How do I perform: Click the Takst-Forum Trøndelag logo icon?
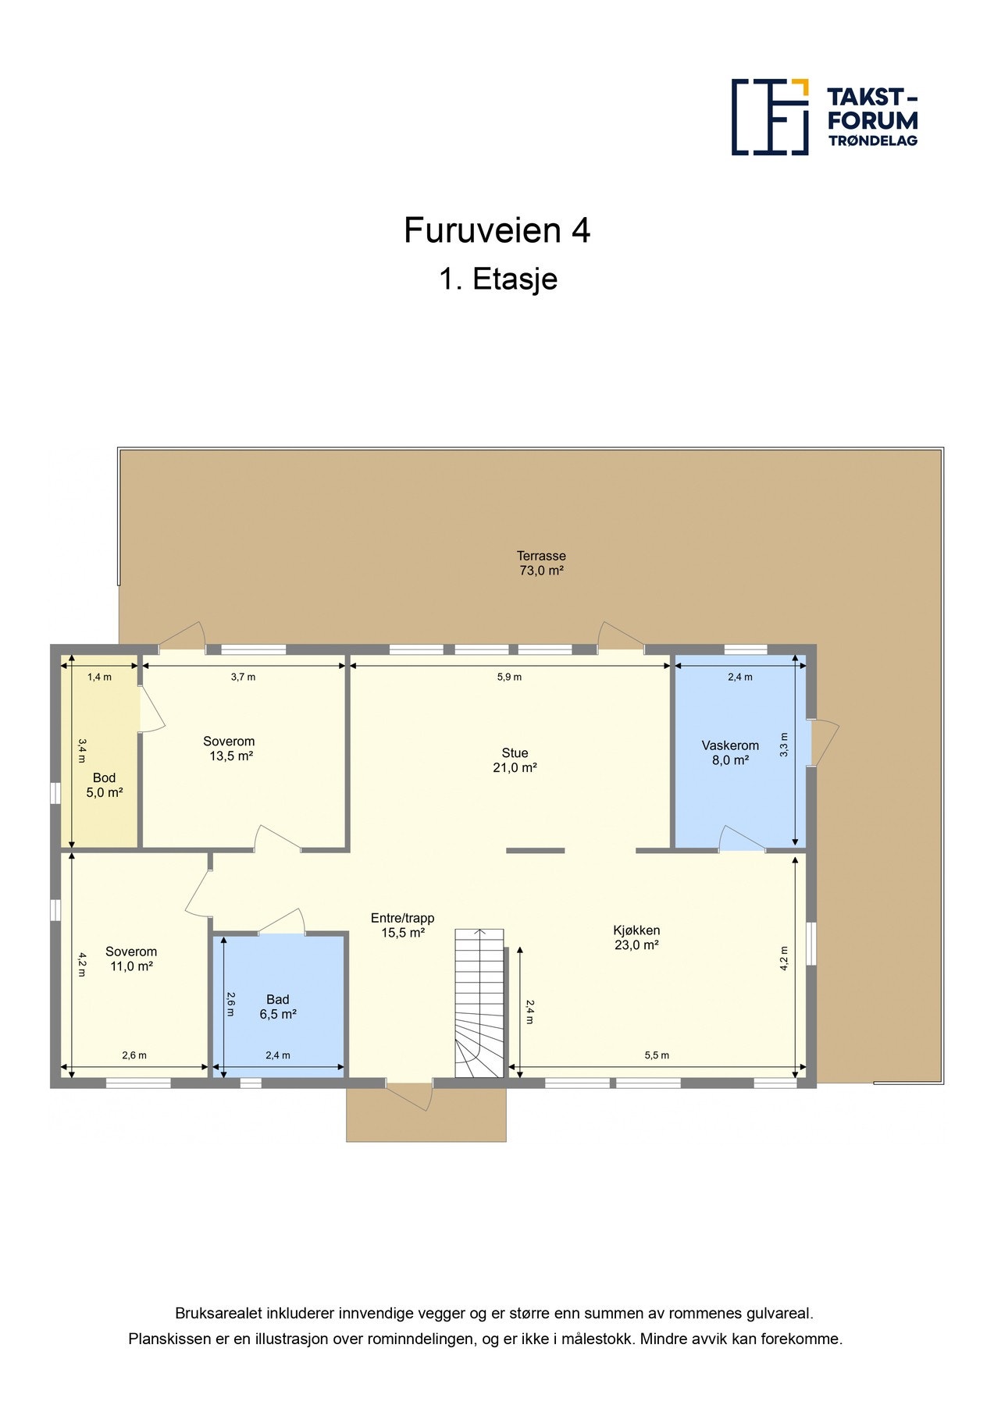(770, 116)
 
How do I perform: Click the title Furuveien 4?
(497, 230)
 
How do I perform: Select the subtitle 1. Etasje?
(498, 279)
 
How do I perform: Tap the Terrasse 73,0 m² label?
(541, 563)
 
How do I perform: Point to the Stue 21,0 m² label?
(515, 760)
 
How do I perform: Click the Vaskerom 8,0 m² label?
(730, 752)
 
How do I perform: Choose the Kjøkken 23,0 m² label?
(636, 937)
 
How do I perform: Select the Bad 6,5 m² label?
(278, 1007)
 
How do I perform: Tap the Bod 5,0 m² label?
(105, 785)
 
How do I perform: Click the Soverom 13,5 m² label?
(229, 749)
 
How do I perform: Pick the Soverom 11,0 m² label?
(131, 959)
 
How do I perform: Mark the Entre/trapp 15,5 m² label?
(402, 925)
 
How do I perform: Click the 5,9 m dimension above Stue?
(509, 677)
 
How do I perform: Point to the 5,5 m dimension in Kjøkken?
(657, 1055)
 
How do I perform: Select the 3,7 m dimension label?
(243, 677)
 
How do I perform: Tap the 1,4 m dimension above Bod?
(99, 677)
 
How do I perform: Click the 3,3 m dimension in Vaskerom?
(784, 745)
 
